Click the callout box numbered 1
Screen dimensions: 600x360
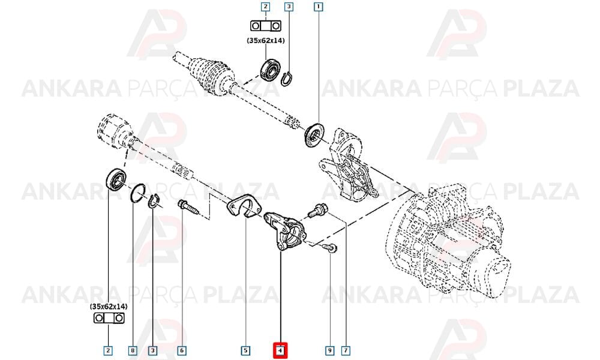tap(319, 7)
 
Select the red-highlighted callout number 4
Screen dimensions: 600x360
tap(280, 350)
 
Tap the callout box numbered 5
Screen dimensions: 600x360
tap(245, 350)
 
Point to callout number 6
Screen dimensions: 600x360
tap(182, 350)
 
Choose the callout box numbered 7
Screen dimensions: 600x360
tap(346, 350)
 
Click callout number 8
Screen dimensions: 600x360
tap(133, 350)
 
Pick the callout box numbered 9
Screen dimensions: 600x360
tap(329, 350)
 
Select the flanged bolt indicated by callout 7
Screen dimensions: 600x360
tap(317, 210)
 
